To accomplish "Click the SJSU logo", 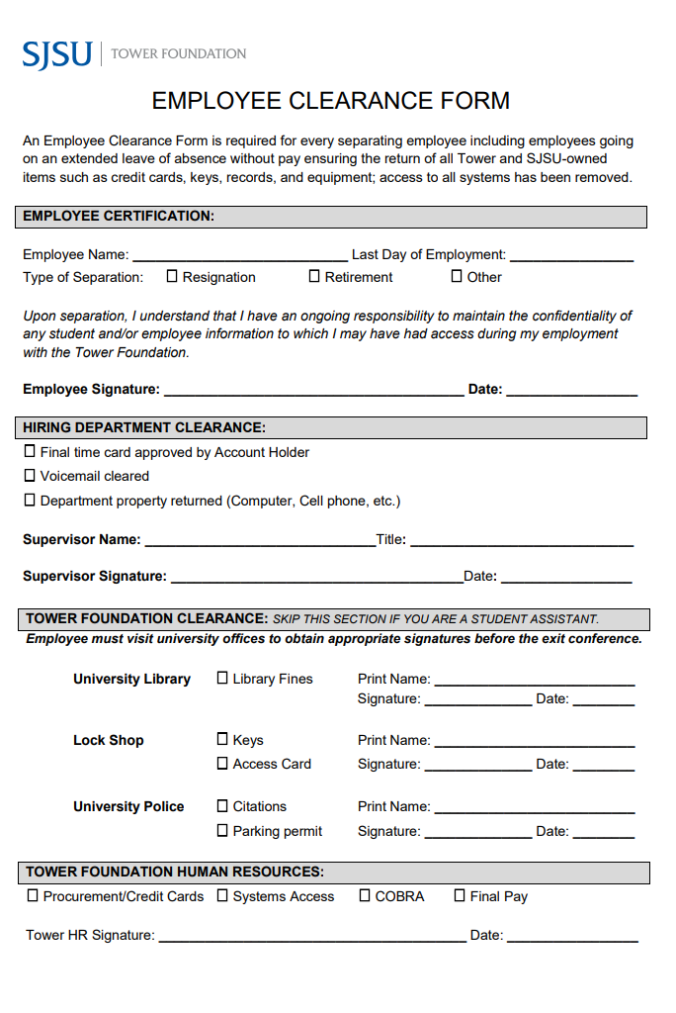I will pyautogui.click(x=57, y=53).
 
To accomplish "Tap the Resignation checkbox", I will pyautogui.click(x=172, y=277).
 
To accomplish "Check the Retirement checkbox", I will pyautogui.click(x=314, y=277).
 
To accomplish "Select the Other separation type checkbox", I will pyautogui.click(x=457, y=277).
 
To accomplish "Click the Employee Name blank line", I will pyautogui.click(x=239, y=256).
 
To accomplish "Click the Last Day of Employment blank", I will pyautogui.click(x=571, y=256).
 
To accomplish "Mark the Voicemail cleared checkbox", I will pyautogui.click(x=30, y=476).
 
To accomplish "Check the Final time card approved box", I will pyautogui.click(x=30, y=452).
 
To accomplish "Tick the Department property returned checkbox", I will pyautogui.click(x=30, y=501).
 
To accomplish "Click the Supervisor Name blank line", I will pyautogui.click(x=259, y=541).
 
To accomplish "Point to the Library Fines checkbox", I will pyautogui.click(x=222, y=679).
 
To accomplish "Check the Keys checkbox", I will pyautogui.click(x=222, y=739).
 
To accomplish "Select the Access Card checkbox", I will pyautogui.click(x=222, y=764).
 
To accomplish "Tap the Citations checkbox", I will pyautogui.click(x=222, y=806).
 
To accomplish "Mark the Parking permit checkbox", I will pyautogui.click(x=222, y=831).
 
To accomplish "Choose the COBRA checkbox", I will pyautogui.click(x=365, y=896).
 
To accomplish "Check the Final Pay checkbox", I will pyautogui.click(x=460, y=896).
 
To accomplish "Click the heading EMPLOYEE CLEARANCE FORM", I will pyautogui.click(x=330, y=101).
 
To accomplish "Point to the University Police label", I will pyautogui.click(x=128, y=806).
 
